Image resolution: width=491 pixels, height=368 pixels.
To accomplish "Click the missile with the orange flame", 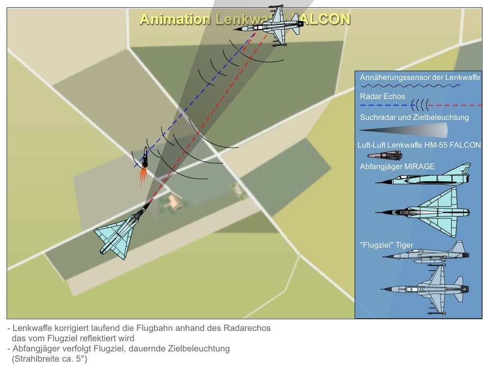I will point(144,158).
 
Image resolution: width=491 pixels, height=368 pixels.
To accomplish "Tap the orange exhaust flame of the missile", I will point(143,176).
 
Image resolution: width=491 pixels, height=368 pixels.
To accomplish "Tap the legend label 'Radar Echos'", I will point(382,96).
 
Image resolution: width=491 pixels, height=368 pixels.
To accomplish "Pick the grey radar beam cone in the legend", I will point(403,130).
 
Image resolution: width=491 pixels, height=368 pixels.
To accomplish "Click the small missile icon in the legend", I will point(384,156).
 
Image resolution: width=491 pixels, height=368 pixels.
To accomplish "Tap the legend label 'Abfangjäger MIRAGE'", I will point(397,167).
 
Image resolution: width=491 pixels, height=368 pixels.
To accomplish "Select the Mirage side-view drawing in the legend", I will point(423,177).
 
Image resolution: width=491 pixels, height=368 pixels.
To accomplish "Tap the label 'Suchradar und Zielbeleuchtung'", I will point(414,117).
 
